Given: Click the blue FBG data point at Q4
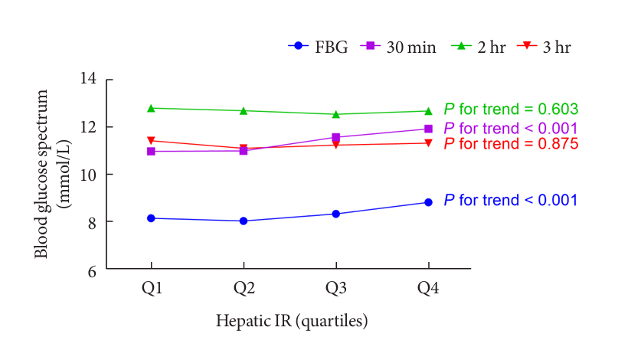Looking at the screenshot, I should coord(428,202).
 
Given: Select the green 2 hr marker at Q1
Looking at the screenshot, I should coord(151,108).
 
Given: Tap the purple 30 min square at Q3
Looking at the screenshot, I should coord(335,137).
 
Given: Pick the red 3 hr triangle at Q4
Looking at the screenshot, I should coord(428,143).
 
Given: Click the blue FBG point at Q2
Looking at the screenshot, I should coord(244,221).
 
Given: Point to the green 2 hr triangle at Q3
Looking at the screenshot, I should coord(335,114).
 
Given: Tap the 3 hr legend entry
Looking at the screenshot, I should coord(544,47).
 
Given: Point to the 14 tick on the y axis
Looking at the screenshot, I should coord(93,79).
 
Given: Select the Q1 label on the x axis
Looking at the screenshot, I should coord(151,289).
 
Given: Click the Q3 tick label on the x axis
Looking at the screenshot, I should coord(335,289).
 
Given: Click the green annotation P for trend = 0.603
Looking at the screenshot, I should coord(511,110).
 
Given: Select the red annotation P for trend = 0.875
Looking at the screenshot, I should coord(511,143).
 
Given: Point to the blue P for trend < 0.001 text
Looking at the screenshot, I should coord(511,201).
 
